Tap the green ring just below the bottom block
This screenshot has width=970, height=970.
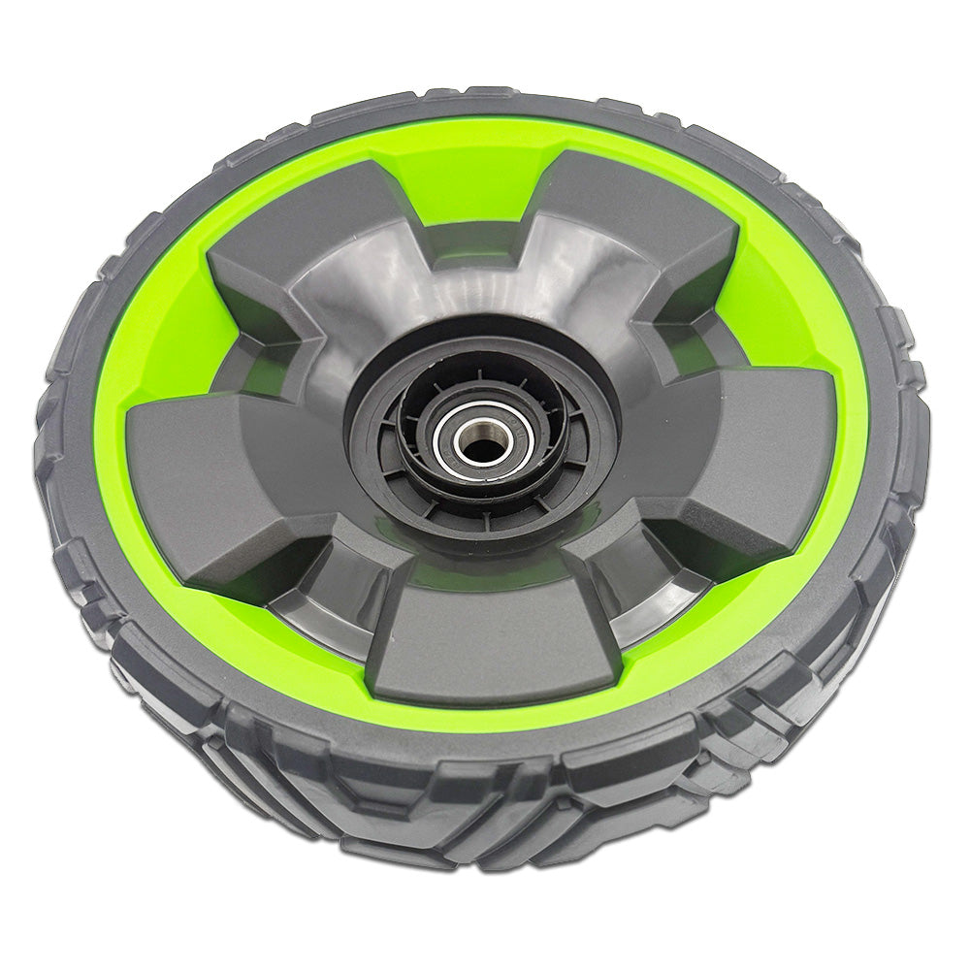[x=495, y=713]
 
